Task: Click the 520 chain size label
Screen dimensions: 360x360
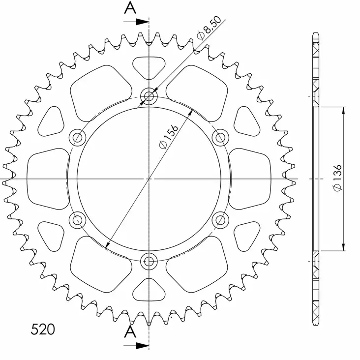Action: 43,329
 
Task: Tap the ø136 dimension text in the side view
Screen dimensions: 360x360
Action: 337,179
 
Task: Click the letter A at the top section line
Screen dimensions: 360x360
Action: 130,8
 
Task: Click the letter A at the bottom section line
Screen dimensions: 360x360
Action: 130,332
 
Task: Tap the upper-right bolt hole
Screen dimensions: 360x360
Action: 220,137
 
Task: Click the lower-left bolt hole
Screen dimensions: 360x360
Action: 77,220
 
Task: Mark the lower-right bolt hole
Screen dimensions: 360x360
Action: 220,220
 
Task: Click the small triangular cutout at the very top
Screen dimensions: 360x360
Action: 149,66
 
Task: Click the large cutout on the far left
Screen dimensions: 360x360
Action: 47,178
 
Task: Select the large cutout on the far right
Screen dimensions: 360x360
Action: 250,178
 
